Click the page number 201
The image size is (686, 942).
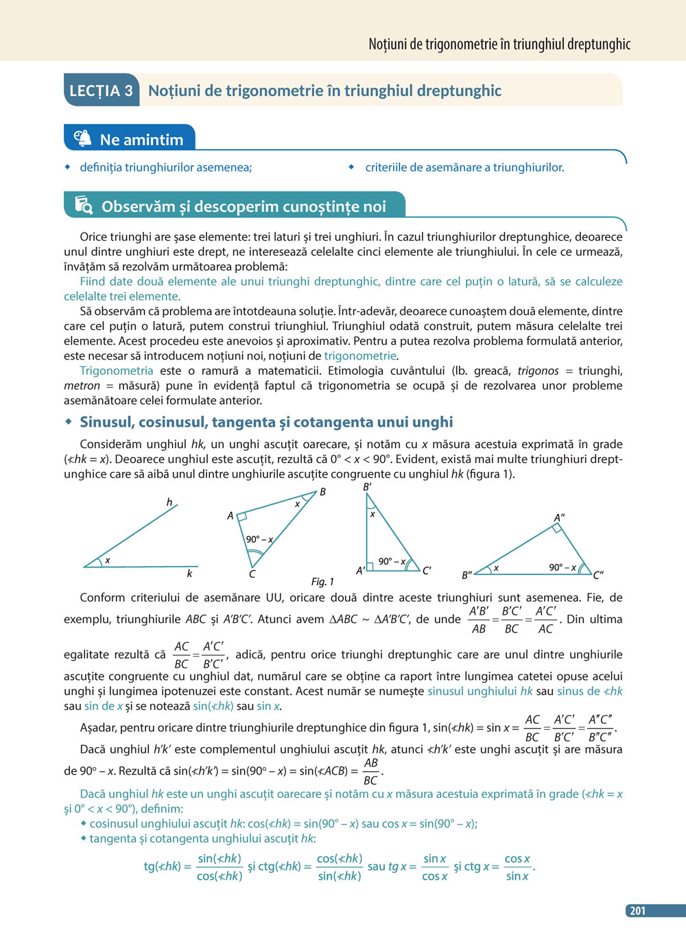[637, 910]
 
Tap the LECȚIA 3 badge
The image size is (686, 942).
[102, 91]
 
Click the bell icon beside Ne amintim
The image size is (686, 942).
[82, 138]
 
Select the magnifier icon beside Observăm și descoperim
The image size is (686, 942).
[84, 205]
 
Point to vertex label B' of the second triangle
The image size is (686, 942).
[368, 487]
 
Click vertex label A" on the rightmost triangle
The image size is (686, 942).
[560, 518]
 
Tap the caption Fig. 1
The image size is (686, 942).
[322, 582]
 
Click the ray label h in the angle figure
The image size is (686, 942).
[169, 502]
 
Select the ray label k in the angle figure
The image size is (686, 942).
[189, 574]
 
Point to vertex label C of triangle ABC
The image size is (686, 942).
[252, 574]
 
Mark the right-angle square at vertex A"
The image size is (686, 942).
[558, 528]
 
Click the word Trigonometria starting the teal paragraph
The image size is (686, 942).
[117, 370]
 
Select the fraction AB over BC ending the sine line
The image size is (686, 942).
[370, 771]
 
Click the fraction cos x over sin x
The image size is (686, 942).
[517, 867]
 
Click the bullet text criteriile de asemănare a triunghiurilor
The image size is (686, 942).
[464, 167]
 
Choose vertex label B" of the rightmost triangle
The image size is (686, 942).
[467, 575]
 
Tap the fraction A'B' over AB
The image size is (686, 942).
[479, 620]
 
